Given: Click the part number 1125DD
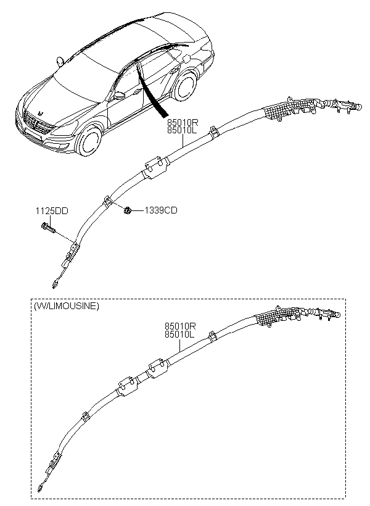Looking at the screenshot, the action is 52,211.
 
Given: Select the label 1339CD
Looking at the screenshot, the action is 161,210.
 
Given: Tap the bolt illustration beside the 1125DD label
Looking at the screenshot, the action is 48,228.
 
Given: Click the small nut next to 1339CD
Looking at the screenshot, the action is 127,211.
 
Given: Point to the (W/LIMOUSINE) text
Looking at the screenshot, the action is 66,306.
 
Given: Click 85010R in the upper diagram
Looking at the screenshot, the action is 182,123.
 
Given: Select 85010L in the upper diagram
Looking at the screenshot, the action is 182,130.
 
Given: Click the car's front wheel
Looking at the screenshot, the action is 88,142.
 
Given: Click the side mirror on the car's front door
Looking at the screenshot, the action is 119,96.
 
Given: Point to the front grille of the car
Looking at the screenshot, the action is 36,123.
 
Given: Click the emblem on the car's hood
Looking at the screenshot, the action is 41,114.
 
